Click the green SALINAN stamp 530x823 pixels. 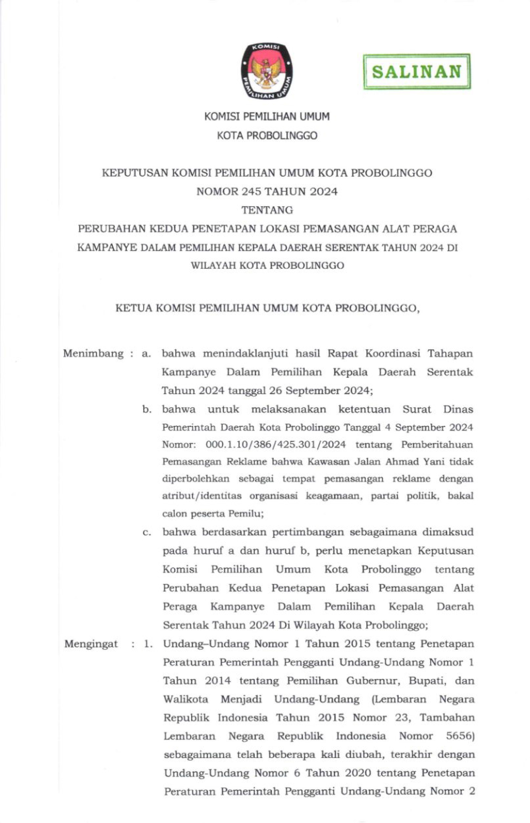coord(417,71)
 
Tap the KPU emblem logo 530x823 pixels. coord(267,71)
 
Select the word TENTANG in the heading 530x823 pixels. coord(267,210)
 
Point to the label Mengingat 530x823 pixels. coord(91,644)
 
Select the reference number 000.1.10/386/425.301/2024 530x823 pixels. coord(276,445)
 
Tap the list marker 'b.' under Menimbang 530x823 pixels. coord(147,410)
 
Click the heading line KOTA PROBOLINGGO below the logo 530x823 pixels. coord(267,136)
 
